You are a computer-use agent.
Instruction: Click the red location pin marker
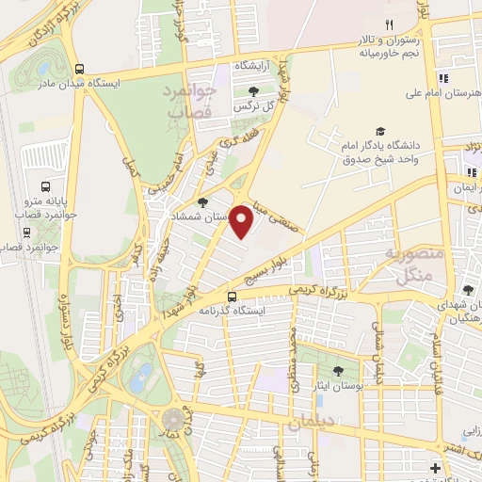tap(242, 221)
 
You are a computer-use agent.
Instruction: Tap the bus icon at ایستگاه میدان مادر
tap(79, 69)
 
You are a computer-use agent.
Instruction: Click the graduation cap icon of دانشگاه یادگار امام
tap(380, 132)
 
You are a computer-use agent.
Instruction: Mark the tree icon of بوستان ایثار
tap(338, 371)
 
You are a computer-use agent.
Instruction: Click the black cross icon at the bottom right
tap(434, 468)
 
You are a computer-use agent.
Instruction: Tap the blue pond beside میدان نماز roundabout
tap(141, 378)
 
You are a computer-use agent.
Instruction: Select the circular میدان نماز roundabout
tap(173, 418)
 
